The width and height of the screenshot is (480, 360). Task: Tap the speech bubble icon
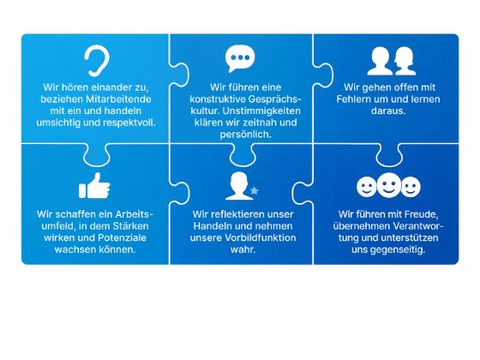click(x=240, y=58)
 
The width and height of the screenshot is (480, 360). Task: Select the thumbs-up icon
click(x=94, y=185)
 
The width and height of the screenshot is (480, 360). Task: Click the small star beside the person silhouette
click(x=255, y=190)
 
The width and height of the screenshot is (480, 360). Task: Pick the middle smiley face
click(x=389, y=185)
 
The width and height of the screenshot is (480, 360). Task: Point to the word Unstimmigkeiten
click(x=261, y=111)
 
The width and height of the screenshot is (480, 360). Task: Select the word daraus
click(x=388, y=111)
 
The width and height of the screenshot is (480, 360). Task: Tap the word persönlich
click(x=245, y=135)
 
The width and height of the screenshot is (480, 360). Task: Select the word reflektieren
click(x=237, y=214)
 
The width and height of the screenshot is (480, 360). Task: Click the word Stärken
click(x=130, y=226)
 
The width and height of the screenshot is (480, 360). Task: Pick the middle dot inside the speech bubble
click(x=240, y=57)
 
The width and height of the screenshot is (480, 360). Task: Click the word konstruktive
click(x=218, y=99)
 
